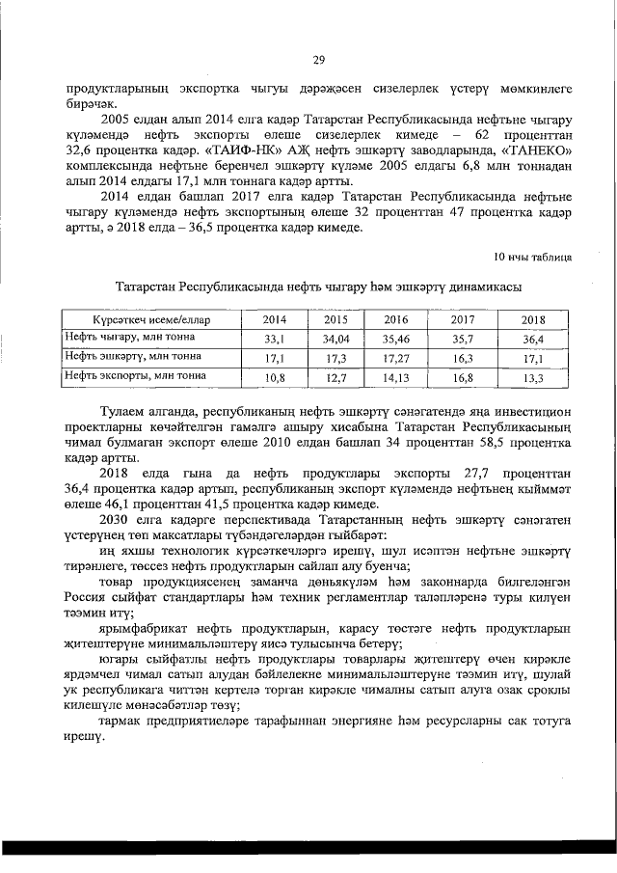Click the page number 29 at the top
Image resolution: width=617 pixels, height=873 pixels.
318,60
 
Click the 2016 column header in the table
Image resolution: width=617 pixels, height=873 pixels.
396,319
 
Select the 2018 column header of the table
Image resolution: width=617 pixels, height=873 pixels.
533,319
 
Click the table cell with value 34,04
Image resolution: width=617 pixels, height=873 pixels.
335,339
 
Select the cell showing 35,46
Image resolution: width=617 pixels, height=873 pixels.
396,339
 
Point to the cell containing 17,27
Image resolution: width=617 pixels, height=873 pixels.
396,358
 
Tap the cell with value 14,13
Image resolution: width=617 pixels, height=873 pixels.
396,377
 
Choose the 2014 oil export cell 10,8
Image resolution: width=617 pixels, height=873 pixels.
275,377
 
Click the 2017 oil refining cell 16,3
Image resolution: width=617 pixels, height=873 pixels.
465,358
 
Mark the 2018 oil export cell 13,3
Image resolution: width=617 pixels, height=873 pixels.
533,377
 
